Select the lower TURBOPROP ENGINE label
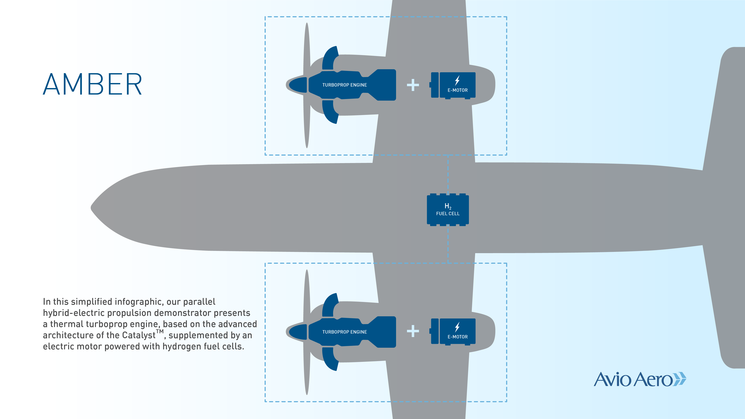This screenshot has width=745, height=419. pyautogui.click(x=344, y=332)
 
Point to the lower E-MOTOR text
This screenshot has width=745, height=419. pyautogui.click(x=458, y=337)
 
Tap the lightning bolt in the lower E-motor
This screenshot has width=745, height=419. pyautogui.click(x=457, y=327)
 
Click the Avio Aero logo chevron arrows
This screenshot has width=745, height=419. pyautogui.click(x=679, y=379)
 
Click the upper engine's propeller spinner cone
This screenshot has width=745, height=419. pyautogui.click(x=298, y=85)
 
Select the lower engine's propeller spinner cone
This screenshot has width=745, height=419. pyautogui.click(x=298, y=332)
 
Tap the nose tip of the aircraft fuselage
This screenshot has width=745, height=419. pyautogui.click(x=91, y=208)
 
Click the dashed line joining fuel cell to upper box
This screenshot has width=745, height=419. pyautogui.click(x=448, y=174)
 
